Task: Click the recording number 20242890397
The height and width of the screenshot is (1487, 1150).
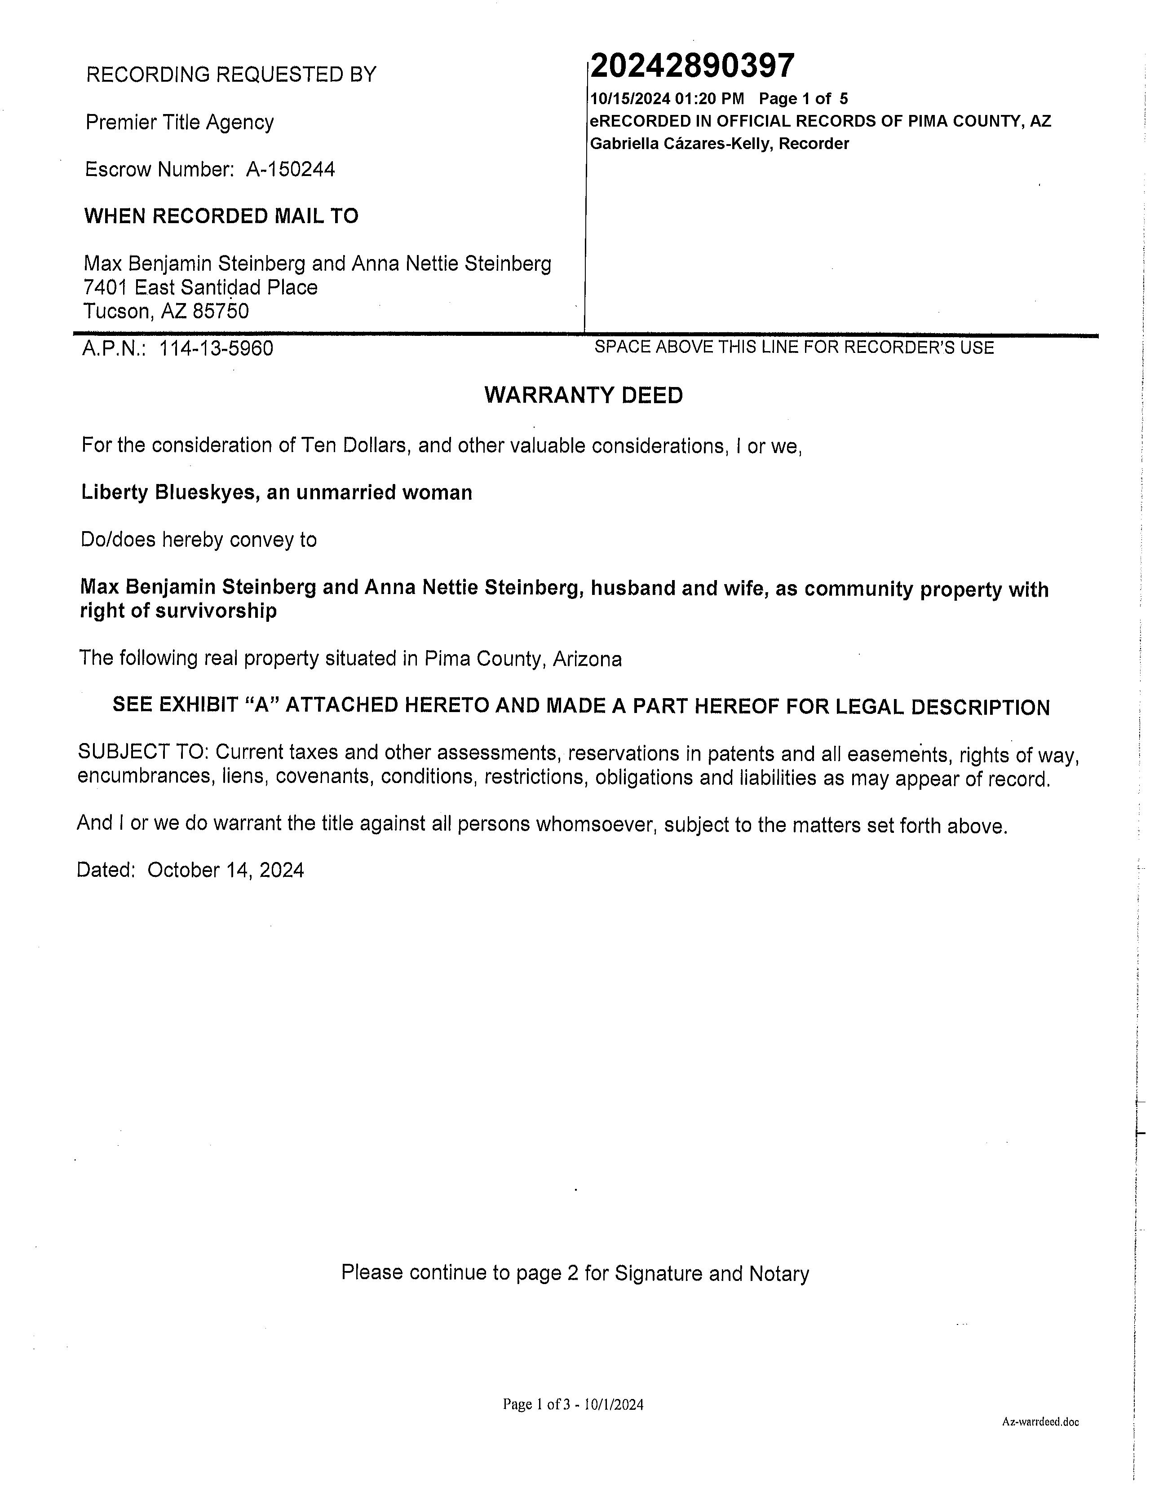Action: pyautogui.click(x=691, y=66)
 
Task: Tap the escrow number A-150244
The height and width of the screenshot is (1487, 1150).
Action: pyautogui.click(x=290, y=170)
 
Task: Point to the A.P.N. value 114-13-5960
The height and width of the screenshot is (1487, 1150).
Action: pyautogui.click(x=216, y=348)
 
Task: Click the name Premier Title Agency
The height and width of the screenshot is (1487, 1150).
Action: pyautogui.click(x=179, y=123)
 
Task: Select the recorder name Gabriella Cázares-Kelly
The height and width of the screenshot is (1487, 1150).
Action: pyautogui.click(x=681, y=144)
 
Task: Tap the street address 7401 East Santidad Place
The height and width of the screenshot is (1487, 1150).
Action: pyautogui.click(x=200, y=287)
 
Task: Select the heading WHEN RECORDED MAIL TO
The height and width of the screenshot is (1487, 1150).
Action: pyautogui.click(x=221, y=216)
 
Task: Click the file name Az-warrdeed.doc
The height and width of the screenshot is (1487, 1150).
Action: pyautogui.click(x=1040, y=1421)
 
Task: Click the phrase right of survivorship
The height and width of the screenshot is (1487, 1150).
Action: pyautogui.click(x=178, y=612)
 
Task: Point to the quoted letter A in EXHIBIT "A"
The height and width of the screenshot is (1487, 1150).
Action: pyautogui.click(x=258, y=705)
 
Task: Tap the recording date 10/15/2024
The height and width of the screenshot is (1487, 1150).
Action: pyautogui.click(x=629, y=99)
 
